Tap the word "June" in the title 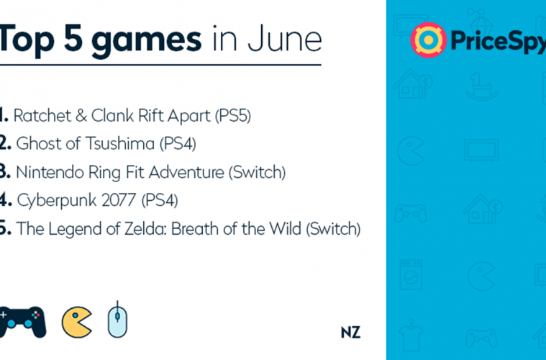point(284,39)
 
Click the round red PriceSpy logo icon point(428,40)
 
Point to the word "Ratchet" point(42,116)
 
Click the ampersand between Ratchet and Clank point(81,116)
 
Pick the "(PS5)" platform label point(232,116)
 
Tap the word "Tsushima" point(120,143)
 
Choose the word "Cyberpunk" point(57,201)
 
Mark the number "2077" point(119,200)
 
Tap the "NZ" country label point(350,333)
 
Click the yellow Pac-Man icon point(76,322)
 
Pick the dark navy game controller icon point(23,322)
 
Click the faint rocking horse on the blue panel point(482,86)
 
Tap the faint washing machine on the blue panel point(411,274)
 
